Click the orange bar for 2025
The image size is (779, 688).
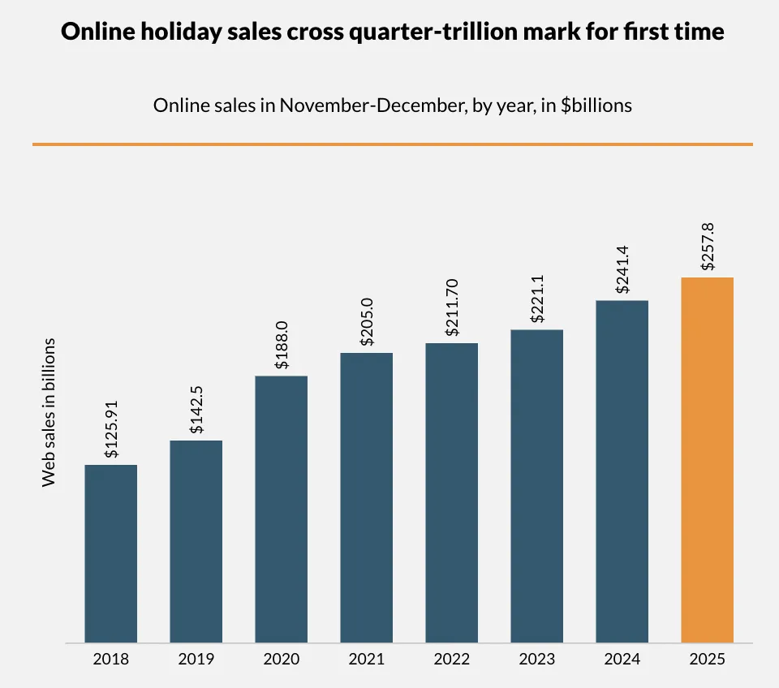pyautogui.click(x=707, y=460)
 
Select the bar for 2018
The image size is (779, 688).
pyautogui.click(x=111, y=554)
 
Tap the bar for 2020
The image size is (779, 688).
pyautogui.click(x=282, y=510)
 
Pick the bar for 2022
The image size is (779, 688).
pyautogui.click(x=451, y=493)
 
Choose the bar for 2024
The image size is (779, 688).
pyautogui.click(x=622, y=471)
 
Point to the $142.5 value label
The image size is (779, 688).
pyautogui.click(x=197, y=415)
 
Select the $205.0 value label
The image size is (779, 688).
pyautogui.click(x=367, y=325)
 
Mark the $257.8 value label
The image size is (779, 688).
pyautogui.click(x=708, y=250)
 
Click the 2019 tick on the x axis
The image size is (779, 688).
pyautogui.click(x=196, y=659)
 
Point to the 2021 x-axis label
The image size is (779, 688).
pyautogui.click(x=367, y=659)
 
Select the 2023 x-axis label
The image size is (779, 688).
pyautogui.click(x=536, y=659)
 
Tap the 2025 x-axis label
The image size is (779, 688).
pyautogui.click(x=707, y=659)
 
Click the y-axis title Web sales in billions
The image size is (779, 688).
pyautogui.click(x=49, y=412)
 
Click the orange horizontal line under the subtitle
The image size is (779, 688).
pyautogui.click(x=393, y=144)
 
